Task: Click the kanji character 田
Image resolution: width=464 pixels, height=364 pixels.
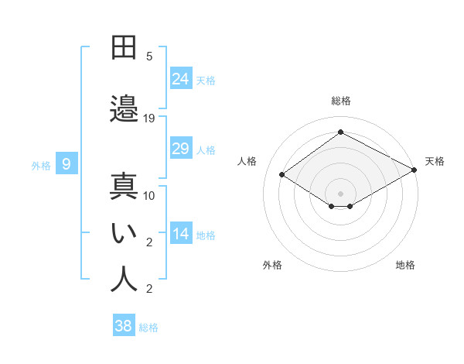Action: (124, 47)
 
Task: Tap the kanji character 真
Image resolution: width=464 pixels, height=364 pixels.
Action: (124, 187)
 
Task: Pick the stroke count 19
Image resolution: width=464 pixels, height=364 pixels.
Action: (149, 118)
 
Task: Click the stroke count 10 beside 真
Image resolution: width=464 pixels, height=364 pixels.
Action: (149, 196)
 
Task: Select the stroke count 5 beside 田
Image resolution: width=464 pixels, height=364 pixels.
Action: (149, 57)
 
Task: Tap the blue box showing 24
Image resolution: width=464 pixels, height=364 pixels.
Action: (181, 78)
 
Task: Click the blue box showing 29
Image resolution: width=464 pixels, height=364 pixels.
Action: (181, 149)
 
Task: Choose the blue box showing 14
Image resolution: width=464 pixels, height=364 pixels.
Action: (181, 234)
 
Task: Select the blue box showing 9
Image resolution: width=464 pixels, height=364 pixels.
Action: (67, 164)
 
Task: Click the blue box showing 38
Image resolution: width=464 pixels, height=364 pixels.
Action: (123, 326)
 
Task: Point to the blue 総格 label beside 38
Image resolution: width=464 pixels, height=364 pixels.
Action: (148, 328)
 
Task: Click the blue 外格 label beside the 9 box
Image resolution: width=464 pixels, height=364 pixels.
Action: (41, 165)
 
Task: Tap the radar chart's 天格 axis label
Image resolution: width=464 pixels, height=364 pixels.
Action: (435, 162)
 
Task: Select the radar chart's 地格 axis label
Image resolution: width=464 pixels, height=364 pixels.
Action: (405, 266)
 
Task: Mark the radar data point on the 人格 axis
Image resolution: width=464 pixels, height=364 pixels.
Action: (282, 175)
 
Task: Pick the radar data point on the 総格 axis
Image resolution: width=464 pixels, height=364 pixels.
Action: (340, 132)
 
